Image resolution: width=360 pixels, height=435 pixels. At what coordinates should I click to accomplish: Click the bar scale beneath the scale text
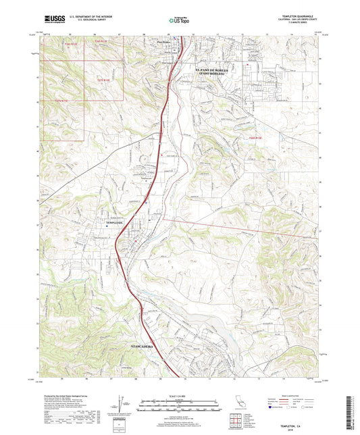tap(179, 401)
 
